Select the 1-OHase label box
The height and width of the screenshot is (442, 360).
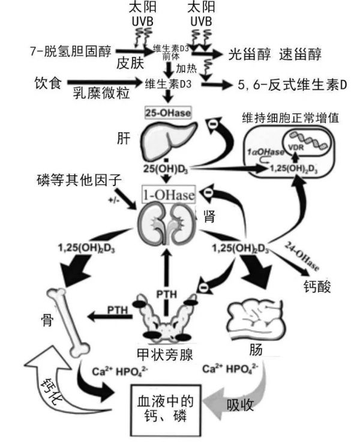168,193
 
